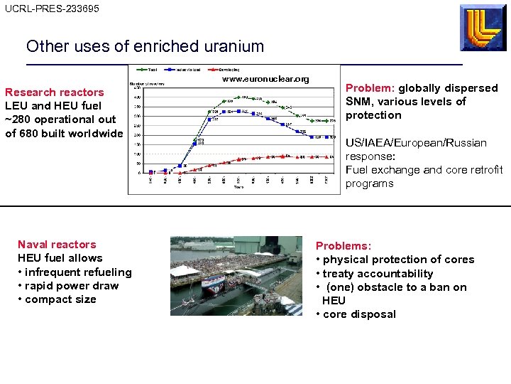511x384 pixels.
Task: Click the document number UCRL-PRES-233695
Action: pos(52,9)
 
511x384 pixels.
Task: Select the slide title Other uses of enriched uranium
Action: pos(145,47)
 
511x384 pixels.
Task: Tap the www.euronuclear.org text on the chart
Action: pos(266,79)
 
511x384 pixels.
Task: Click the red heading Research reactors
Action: pos(55,92)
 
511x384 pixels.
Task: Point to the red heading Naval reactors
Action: pos(57,245)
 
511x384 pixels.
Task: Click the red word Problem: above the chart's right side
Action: pos(370,88)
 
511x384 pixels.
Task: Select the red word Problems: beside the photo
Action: pos(344,246)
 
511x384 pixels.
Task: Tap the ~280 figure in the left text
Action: pos(18,119)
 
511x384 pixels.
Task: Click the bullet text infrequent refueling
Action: pos(78,272)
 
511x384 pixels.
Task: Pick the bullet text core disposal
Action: pos(359,314)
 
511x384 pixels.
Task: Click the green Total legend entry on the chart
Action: pos(150,70)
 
